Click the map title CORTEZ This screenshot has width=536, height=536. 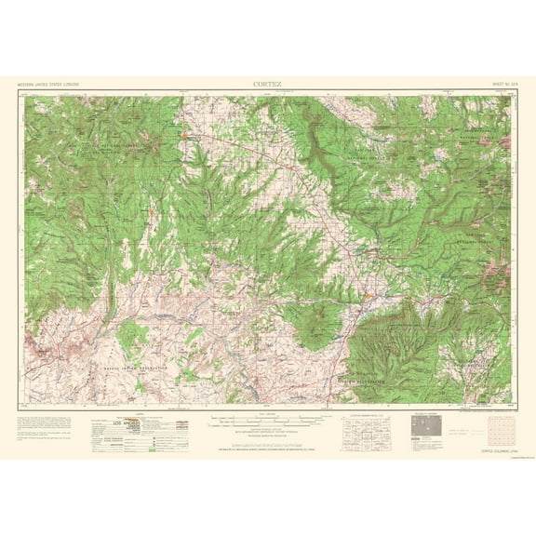click(x=267, y=83)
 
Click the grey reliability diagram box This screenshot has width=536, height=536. click(x=424, y=400)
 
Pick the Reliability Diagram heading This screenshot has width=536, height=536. click(x=424, y=388)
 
